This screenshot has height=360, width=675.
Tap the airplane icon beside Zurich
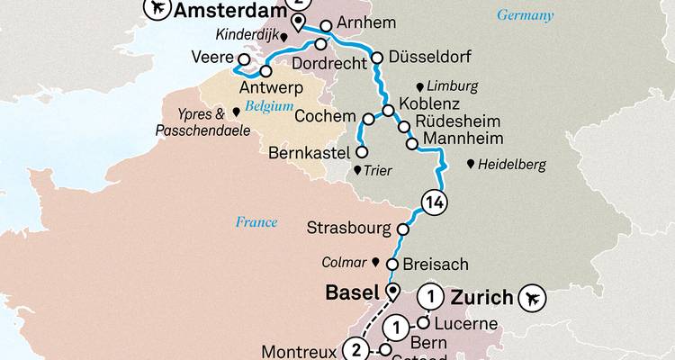click(536, 296)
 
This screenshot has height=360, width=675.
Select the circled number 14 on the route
click(433, 201)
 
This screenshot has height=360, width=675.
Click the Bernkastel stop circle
click(361, 152)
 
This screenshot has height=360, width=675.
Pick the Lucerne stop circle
click(422, 322)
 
